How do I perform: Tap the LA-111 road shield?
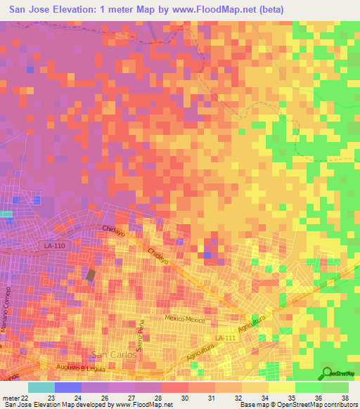226,339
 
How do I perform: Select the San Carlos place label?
110,353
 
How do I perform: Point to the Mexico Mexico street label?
185,319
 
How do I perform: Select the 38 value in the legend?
345,398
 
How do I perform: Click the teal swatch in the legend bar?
41,387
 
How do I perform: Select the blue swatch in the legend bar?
68,387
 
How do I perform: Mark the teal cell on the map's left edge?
6,214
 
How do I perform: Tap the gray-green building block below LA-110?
90,275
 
